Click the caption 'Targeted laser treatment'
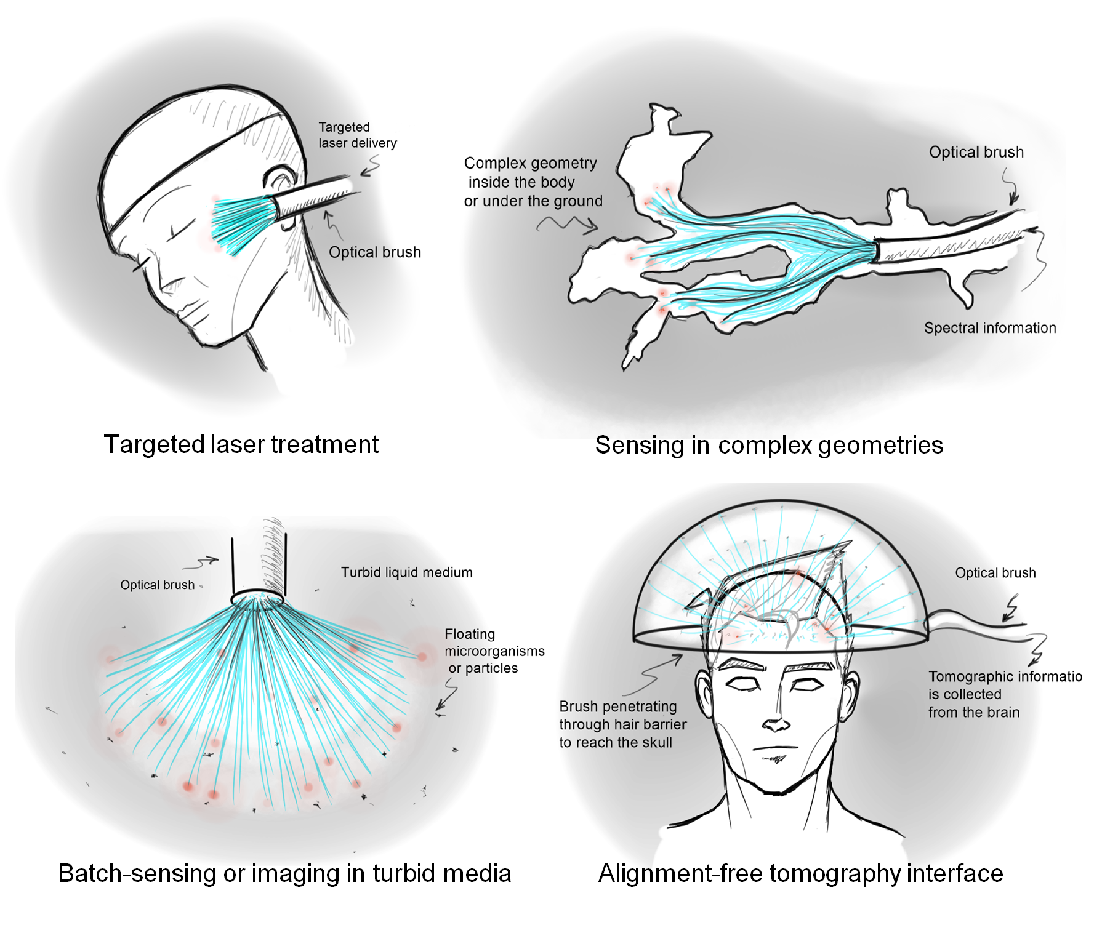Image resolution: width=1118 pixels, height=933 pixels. [x=241, y=444]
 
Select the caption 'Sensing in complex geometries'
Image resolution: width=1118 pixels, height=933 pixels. [x=768, y=445]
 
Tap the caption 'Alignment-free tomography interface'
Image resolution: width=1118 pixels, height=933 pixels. [x=800, y=873]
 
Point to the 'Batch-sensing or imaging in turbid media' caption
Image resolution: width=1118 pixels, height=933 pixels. [x=284, y=873]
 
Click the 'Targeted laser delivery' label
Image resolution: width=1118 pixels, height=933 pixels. [x=357, y=135]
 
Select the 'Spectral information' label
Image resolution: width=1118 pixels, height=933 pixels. [x=989, y=328]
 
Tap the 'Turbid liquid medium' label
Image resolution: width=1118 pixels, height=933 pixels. [x=406, y=572]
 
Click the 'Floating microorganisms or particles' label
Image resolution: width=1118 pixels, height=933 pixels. [x=494, y=651]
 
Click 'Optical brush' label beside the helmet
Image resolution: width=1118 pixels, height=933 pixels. [x=995, y=573]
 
